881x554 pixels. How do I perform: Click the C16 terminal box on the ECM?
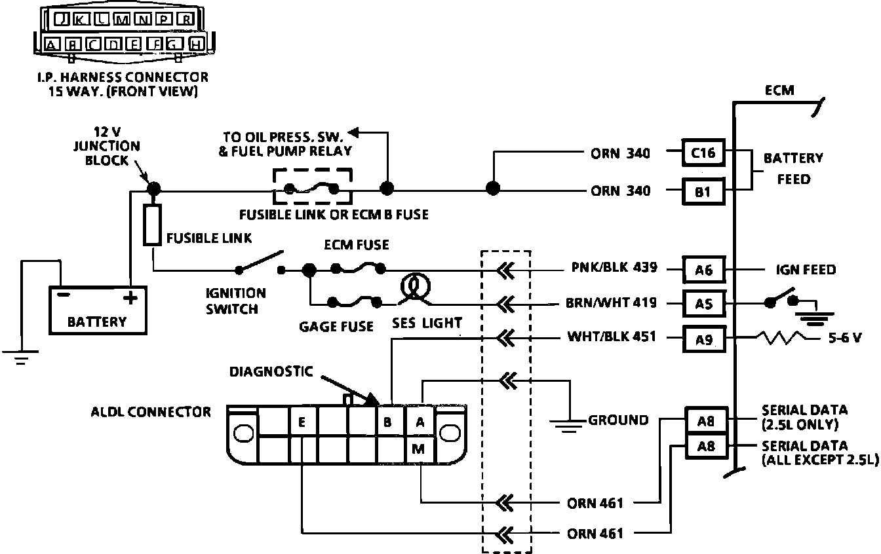coord(703,153)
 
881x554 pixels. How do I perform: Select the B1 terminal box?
coord(703,192)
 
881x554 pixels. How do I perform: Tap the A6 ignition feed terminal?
coord(704,270)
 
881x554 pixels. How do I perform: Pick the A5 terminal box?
coord(704,303)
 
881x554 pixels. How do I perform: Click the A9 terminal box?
coord(704,339)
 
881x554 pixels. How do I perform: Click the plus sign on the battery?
coord(130,298)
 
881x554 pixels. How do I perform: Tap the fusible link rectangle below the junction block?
coord(152,225)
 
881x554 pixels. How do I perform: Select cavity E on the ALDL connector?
coord(302,422)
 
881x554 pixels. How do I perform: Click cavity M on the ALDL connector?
coord(418,449)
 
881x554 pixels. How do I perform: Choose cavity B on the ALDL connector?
coord(388,422)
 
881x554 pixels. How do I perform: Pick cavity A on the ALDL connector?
coord(420,422)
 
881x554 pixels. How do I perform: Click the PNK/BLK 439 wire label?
coord(614,267)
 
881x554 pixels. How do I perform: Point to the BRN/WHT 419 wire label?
coord(611,303)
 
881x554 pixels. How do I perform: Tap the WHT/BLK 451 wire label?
coord(612,337)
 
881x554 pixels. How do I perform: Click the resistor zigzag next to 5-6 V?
coord(783,338)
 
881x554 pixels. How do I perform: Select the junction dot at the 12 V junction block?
coord(154,189)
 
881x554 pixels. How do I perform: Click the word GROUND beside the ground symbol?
coord(618,420)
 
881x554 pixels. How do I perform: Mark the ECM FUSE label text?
coord(357,245)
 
